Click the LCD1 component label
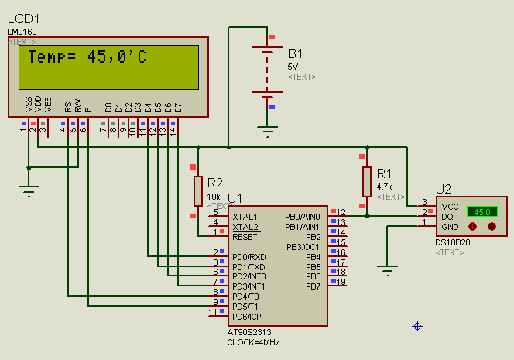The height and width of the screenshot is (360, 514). (x=23, y=18)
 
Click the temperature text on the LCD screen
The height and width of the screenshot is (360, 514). (x=87, y=57)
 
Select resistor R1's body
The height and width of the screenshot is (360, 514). (x=366, y=182)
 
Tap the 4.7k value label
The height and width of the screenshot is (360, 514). (x=385, y=187)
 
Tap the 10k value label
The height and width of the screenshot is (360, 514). (x=214, y=197)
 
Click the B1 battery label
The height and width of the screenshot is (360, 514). (x=296, y=53)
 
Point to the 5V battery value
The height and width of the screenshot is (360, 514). (x=292, y=67)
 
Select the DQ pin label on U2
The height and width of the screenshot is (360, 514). (x=447, y=217)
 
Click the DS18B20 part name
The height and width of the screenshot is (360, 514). (x=453, y=242)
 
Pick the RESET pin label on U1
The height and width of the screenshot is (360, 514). (x=245, y=237)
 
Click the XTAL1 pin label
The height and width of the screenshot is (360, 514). (x=245, y=217)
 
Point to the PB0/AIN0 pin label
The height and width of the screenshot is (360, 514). (x=303, y=217)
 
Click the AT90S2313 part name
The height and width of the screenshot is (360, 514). (x=253, y=332)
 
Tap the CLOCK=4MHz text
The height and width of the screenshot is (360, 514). (x=254, y=341)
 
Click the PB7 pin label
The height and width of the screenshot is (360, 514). (x=313, y=286)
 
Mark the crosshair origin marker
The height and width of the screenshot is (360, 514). (x=418, y=327)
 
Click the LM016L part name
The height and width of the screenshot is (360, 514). (x=22, y=32)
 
